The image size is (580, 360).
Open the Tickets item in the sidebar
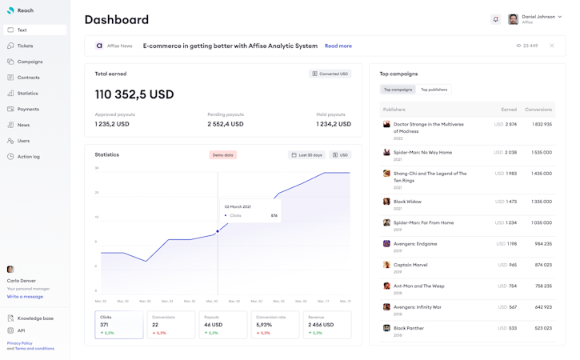pyautogui.click(x=25, y=46)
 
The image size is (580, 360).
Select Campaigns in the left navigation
pyautogui.click(x=30, y=62)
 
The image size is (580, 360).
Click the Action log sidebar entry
pyautogui.click(x=28, y=157)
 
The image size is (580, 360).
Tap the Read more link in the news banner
pyautogui.click(x=338, y=46)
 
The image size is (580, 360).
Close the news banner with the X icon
pyautogui.click(x=552, y=46)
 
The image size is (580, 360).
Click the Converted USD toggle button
pyautogui.click(x=330, y=74)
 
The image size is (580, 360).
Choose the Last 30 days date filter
pyautogui.click(x=307, y=155)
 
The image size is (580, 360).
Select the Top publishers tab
pyautogui.click(x=434, y=90)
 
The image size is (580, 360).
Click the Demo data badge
pyautogui.click(x=223, y=155)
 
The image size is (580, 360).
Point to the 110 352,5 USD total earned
pyautogui.click(x=134, y=94)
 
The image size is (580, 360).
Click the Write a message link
pyautogui.click(x=25, y=297)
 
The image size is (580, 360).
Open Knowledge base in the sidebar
pyautogui.click(x=35, y=318)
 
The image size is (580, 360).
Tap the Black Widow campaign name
pyautogui.click(x=407, y=202)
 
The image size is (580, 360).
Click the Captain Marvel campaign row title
pyautogui.click(x=411, y=265)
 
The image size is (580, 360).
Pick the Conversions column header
pyautogui.click(x=538, y=110)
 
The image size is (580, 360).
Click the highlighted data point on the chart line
pyautogui.click(x=218, y=232)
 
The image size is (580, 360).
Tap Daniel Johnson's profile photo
pyautogui.click(x=513, y=19)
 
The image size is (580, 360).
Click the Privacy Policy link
pyautogui.click(x=20, y=343)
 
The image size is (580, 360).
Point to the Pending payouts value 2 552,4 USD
pyautogui.click(x=225, y=124)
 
